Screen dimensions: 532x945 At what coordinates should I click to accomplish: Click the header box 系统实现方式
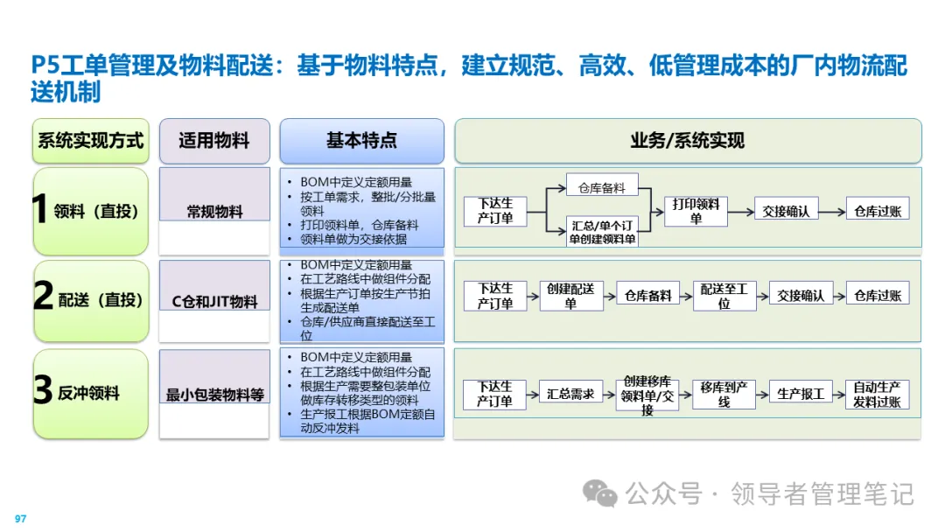click(90, 141)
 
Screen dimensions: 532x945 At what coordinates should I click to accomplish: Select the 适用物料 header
click(213, 141)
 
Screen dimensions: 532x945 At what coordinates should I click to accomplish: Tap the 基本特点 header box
click(361, 141)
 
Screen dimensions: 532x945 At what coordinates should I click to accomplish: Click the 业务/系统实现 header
click(687, 141)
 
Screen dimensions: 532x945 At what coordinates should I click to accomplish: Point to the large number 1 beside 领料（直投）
click(39, 211)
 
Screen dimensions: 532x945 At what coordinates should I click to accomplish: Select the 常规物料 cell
click(214, 212)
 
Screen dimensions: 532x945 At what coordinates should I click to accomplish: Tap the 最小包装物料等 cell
click(214, 395)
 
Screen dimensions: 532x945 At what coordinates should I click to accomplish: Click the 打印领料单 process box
click(696, 211)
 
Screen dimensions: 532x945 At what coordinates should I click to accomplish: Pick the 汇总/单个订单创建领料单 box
click(602, 231)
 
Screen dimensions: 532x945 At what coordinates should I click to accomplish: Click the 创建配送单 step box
click(570, 295)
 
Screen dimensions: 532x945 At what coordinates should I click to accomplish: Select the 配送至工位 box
click(724, 295)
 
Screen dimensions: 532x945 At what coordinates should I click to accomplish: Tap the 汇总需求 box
click(570, 394)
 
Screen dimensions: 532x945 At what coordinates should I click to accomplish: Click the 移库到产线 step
click(724, 394)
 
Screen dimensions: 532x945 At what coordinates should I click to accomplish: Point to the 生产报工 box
click(801, 394)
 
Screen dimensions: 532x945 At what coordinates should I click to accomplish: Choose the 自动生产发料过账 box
click(878, 394)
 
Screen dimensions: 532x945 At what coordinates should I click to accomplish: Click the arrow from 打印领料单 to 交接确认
click(740, 211)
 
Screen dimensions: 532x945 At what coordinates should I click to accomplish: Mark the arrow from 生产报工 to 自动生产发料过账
click(839, 394)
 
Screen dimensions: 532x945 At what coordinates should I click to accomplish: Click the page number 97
click(20, 519)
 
